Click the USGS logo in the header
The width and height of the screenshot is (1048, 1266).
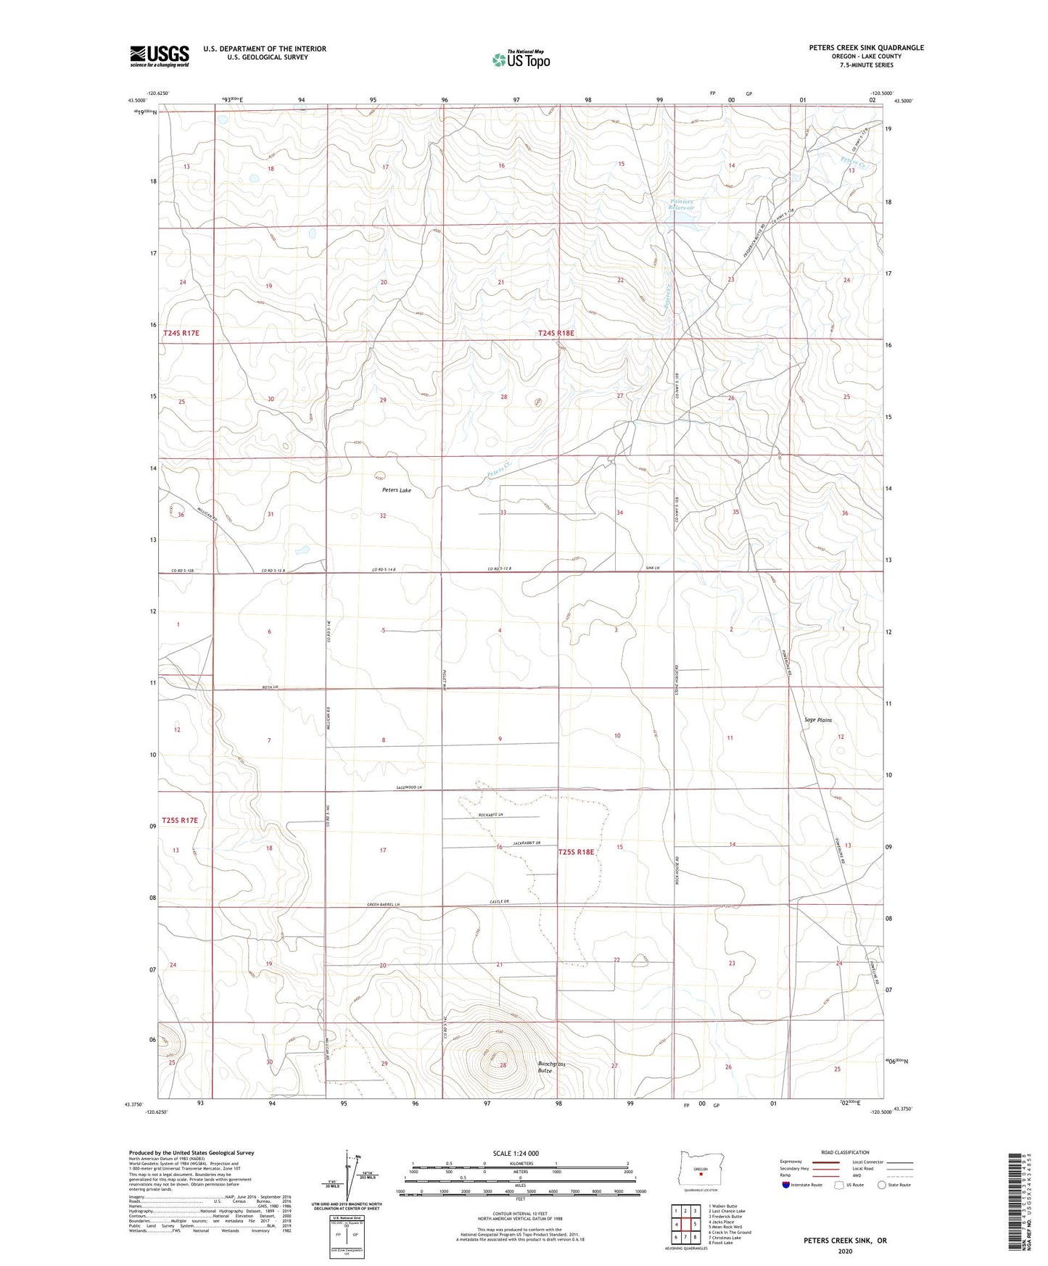[x=160, y=56]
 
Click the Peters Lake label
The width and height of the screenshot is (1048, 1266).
[x=397, y=490]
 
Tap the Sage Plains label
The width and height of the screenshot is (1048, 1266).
[x=818, y=720]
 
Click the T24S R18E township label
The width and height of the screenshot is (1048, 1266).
[x=556, y=333]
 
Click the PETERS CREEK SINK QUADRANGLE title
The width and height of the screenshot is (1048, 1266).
[x=867, y=48]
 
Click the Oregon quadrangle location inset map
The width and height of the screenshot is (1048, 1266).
[x=700, y=1171]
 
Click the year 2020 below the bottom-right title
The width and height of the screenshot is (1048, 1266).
[x=844, y=1251]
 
